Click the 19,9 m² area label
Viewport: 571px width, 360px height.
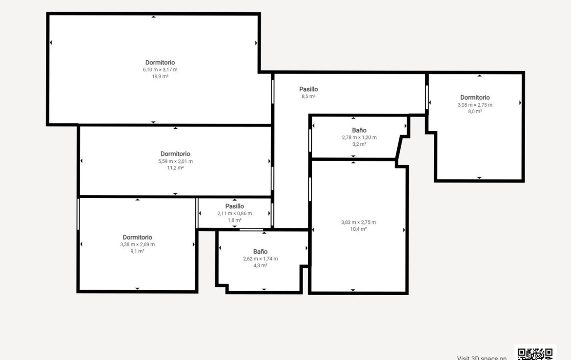click(160, 77)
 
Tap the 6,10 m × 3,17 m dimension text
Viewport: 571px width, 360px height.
click(160, 70)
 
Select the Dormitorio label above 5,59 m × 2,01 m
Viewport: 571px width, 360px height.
click(175, 154)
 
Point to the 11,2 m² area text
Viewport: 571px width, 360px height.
click(175, 168)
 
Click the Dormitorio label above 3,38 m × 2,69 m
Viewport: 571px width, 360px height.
click(137, 237)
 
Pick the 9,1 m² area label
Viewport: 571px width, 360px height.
click(137, 251)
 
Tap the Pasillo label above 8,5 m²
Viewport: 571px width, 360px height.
click(308, 89)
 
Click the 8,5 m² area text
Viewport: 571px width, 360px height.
click(308, 97)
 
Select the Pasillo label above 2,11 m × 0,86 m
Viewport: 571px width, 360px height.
click(235, 206)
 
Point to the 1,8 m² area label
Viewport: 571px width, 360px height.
click(235, 220)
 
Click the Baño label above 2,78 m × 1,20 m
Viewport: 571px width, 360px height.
click(359, 130)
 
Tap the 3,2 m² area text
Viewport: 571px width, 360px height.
click(359, 144)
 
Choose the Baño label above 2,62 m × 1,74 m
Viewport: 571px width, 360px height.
click(261, 252)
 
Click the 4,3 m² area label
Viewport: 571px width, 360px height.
click(261, 266)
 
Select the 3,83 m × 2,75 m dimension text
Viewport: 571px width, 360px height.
click(358, 222)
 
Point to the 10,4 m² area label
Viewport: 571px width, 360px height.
click(358, 229)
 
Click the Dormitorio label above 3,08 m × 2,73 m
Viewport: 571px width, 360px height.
click(475, 97)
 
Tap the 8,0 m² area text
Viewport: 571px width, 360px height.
click(475, 111)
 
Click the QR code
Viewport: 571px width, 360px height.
click(535, 354)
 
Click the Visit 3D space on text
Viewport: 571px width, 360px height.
click(482, 358)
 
